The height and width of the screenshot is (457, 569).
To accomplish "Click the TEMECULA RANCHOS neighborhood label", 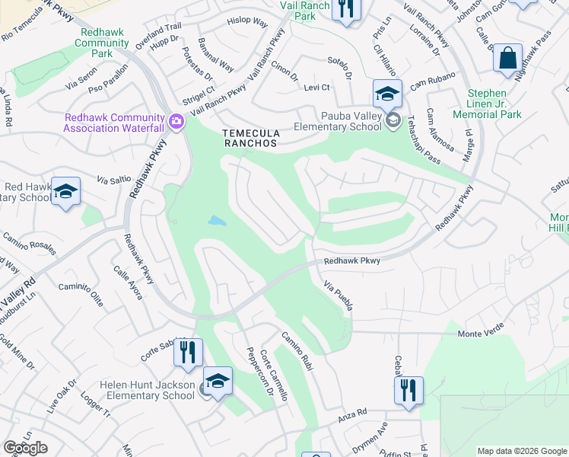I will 251,138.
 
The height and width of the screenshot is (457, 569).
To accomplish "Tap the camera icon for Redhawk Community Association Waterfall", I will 176,122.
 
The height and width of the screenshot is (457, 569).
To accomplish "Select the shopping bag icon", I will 507,58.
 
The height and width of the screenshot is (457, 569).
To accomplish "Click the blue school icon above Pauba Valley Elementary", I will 387,94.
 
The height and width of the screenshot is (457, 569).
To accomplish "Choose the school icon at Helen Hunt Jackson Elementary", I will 218,382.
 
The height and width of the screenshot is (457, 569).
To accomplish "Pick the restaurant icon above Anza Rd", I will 409,390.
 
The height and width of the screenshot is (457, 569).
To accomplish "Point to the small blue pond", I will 217,222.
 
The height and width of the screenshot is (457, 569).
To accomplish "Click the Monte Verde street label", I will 482,334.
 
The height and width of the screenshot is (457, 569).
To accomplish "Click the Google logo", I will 25,448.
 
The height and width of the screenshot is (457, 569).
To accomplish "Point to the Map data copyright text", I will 521,451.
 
